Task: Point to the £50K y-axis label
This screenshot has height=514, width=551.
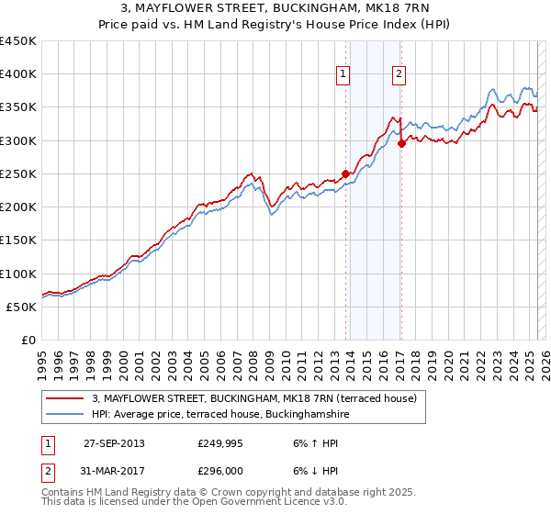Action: [22, 307]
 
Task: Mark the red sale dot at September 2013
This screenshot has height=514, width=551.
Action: [345, 173]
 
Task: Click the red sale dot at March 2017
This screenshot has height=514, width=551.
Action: [402, 143]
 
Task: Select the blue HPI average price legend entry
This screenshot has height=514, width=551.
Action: [220, 414]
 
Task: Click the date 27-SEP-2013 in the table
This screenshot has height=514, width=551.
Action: [113, 442]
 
